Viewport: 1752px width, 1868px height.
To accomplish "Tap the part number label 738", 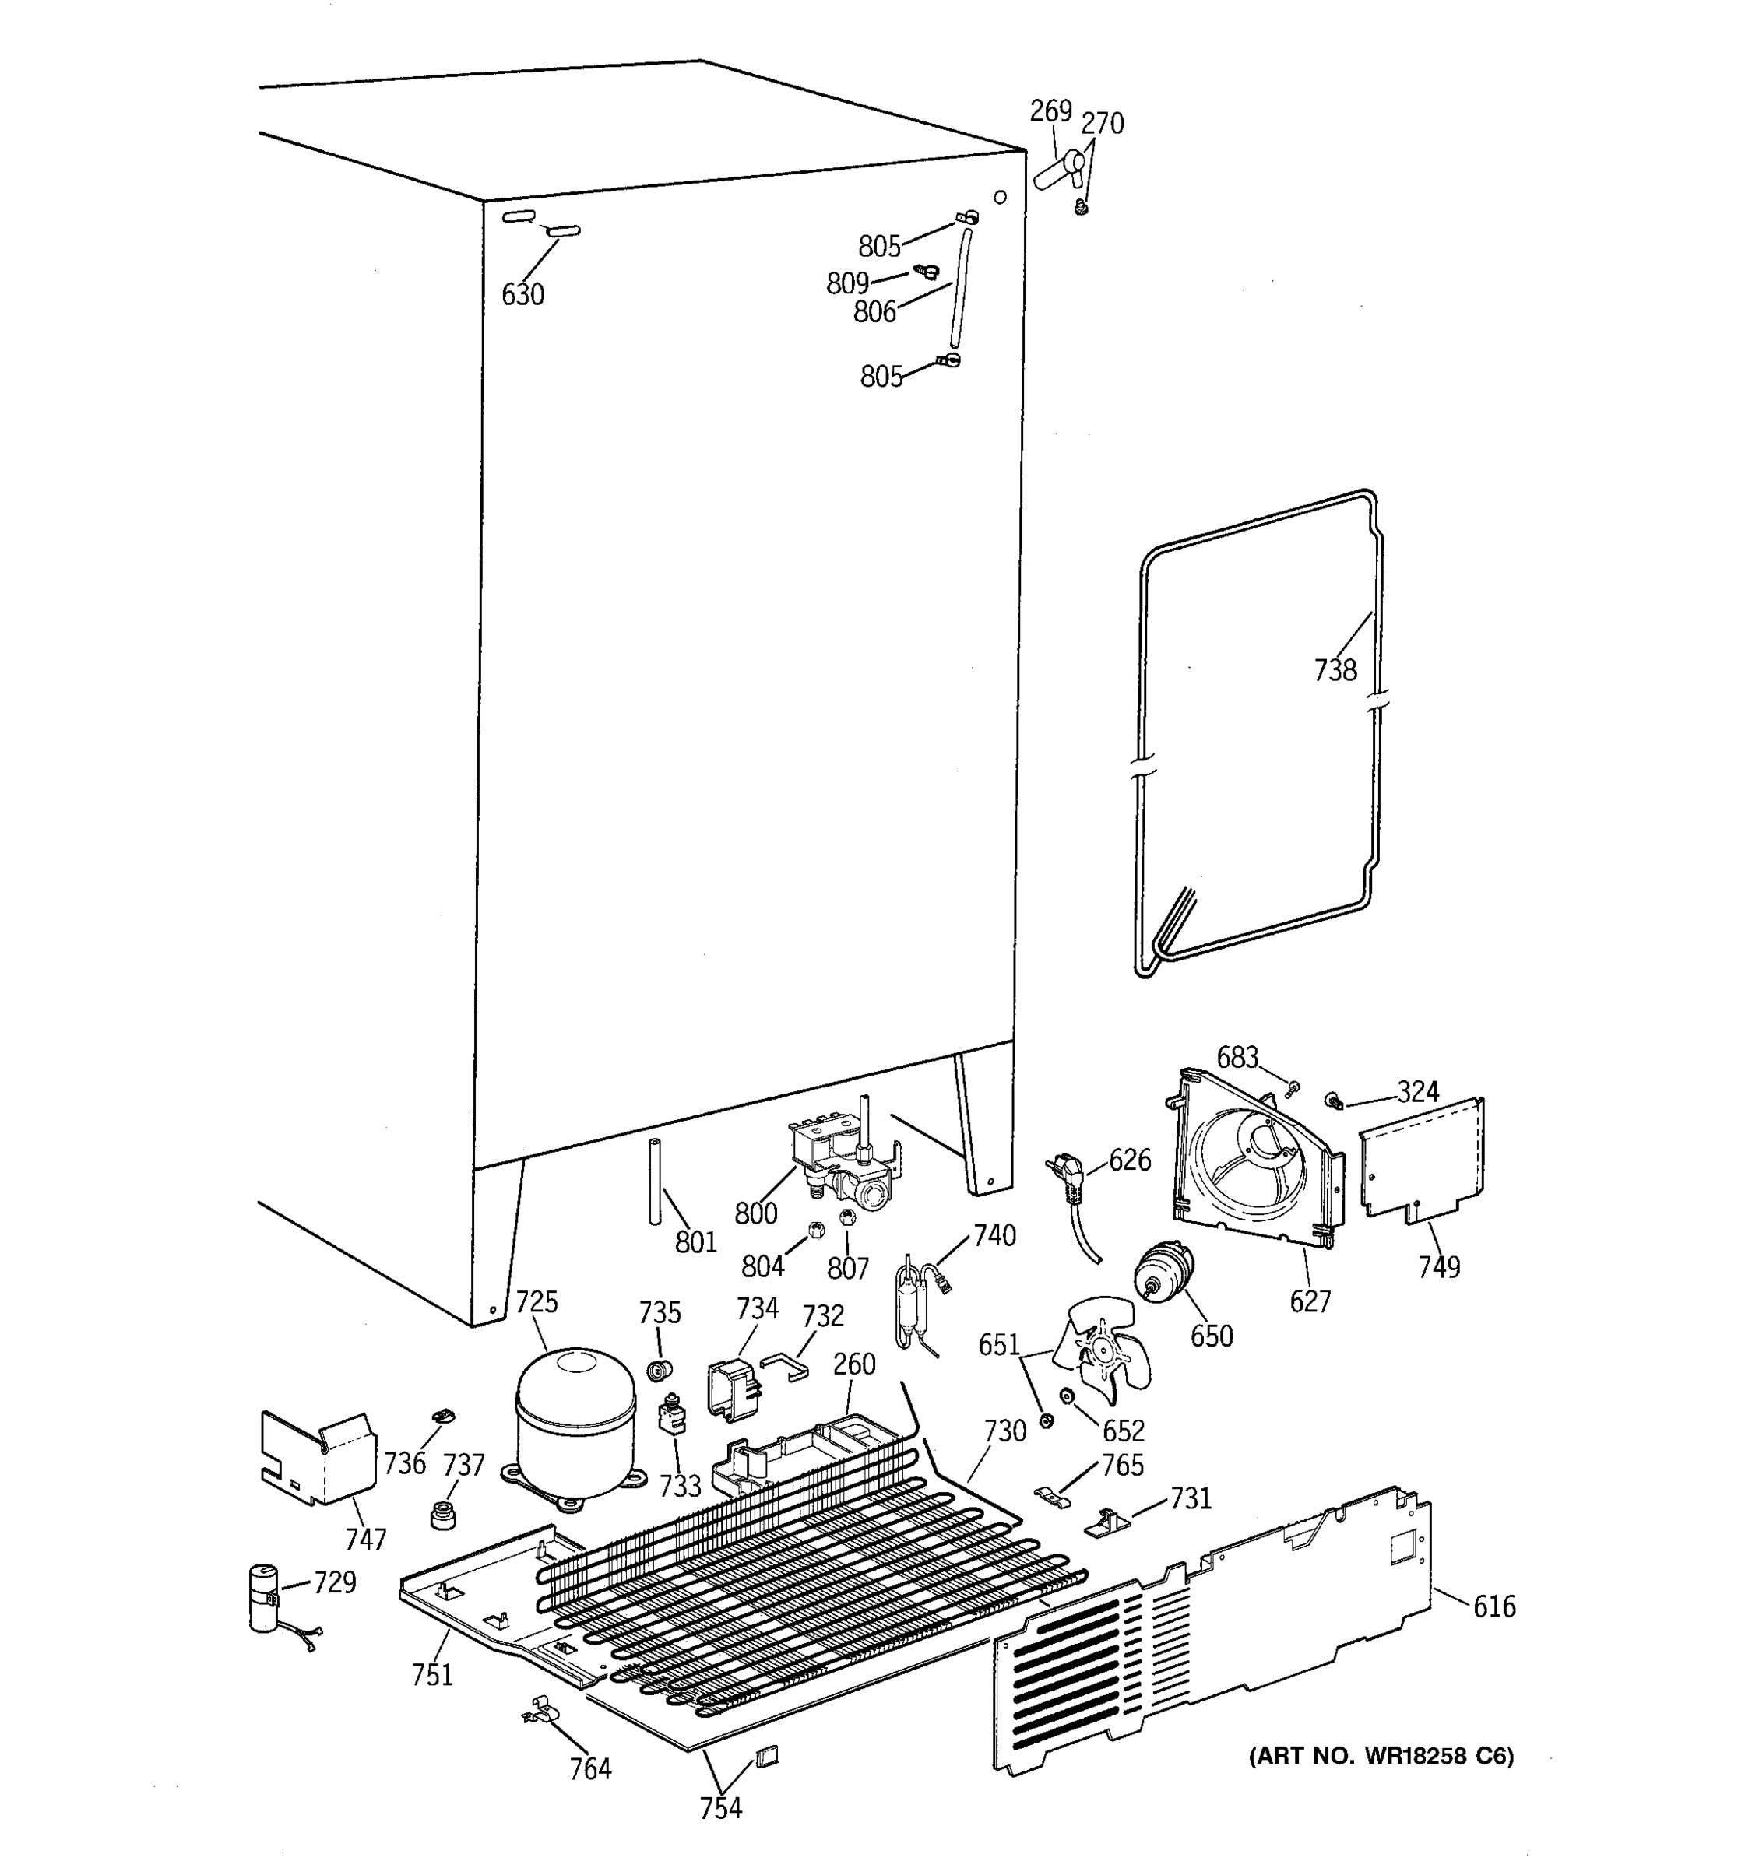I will [x=1335, y=670].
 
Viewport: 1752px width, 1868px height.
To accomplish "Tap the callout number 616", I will [x=1493, y=1606].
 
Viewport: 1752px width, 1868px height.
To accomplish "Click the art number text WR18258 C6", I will [x=1381, y=1756].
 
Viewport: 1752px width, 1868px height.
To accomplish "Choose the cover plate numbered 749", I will [x=1422, y=1160].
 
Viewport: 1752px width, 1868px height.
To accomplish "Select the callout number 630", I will [x=522, y=295].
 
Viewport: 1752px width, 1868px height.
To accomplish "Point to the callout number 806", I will [x=874, y=312].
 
